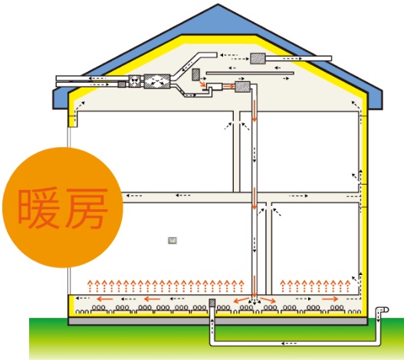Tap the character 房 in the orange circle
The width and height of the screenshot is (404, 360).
tap(87, 208)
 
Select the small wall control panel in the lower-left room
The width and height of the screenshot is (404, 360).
tap(172, 241)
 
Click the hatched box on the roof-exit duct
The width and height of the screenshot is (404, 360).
tap(258, 58)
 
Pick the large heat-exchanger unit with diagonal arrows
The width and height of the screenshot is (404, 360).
tap(157, 81)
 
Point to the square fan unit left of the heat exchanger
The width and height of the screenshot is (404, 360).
tap(135, 81)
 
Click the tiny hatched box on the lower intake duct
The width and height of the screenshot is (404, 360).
tap(122, 84)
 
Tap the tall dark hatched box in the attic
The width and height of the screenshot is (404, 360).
tap(195, 74)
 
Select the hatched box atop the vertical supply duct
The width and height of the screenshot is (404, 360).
tap(242, 87)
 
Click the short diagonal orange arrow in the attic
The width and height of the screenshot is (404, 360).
tap(202, 84)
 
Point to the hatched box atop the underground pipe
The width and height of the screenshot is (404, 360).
tap(212, 303)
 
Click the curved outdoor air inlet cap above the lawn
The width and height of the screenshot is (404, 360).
tap(383, 309)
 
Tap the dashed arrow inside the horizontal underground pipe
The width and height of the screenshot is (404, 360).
tap(289, 343)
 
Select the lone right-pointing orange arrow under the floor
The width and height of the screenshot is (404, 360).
tap(330, 299)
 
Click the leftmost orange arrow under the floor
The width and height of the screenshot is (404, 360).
tap(104, 299)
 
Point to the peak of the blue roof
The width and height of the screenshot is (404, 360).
tap(218, 4)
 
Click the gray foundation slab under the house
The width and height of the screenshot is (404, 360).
tap(218, 321)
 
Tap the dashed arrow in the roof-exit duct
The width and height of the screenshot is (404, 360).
tap(292, 59)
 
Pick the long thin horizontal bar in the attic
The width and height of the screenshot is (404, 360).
tap(250, 73)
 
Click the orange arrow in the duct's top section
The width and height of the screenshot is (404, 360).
tap(255, 111)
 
